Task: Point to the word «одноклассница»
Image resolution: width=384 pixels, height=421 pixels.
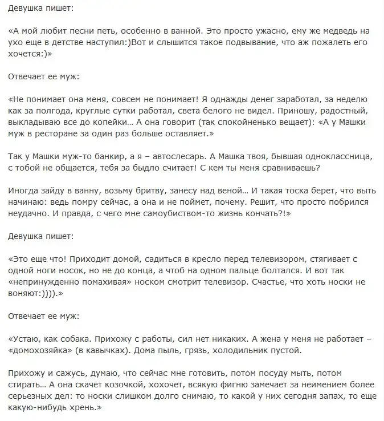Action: pos(330,155)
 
